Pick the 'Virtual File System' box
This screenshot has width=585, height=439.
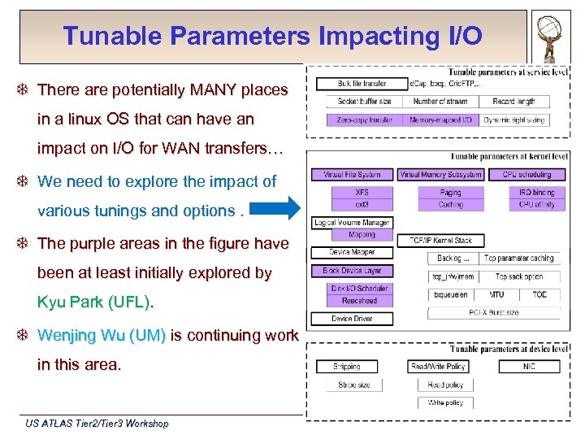352,174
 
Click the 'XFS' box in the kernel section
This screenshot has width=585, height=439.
362,193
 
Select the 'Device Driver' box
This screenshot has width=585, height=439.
352,319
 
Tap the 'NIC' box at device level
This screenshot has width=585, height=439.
529,367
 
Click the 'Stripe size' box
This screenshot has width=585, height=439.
353,385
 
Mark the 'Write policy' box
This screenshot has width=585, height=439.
445,402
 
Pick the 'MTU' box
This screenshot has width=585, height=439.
496,294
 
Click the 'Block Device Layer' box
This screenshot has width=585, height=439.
352,270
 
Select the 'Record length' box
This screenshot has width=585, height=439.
514,102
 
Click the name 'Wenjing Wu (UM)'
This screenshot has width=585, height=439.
102,335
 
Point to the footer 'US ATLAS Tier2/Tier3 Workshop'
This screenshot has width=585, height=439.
97,424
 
